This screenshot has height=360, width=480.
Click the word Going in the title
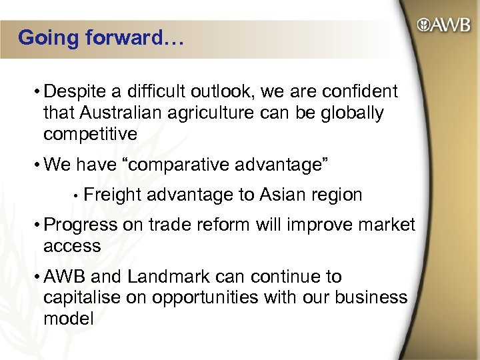pos(48,38)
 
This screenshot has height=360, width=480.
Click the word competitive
pos(90,133)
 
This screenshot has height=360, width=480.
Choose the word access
pos(72,246)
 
